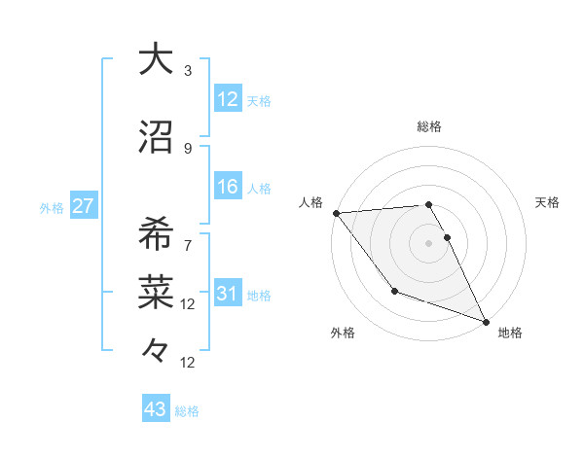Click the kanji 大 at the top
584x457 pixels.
click(x=156, y=59)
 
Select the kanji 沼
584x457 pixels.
click(x=156, y=138)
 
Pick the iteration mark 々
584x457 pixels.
click(x=156, y=347)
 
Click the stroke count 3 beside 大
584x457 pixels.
click(x=188, y=71)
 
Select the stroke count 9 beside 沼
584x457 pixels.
click(x=188, y=149)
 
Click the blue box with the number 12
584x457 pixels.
click(x=228, y=99)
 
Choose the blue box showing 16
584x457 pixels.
click(x=228, y=188)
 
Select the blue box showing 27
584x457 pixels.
click(x=83, y=207)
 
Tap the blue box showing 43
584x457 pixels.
click(x=156, y=409)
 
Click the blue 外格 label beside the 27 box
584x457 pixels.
click(x=52, y=208)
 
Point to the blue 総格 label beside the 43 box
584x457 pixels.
click(x=188, y=411)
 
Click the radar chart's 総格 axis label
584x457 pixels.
click(x=429, y=126)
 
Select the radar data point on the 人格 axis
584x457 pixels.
click(x=336, y=213)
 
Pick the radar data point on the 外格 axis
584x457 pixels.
click(x=394, y=291)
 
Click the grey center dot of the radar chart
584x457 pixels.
click(x=429, y=243)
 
